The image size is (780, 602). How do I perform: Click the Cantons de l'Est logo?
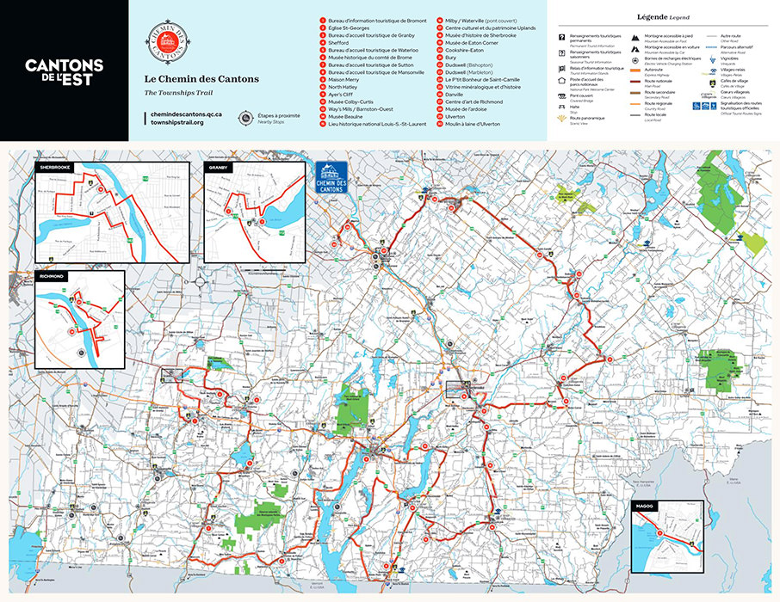click(x=65, y=71)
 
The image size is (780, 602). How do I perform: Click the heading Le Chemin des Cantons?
click(x=189, y=79)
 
